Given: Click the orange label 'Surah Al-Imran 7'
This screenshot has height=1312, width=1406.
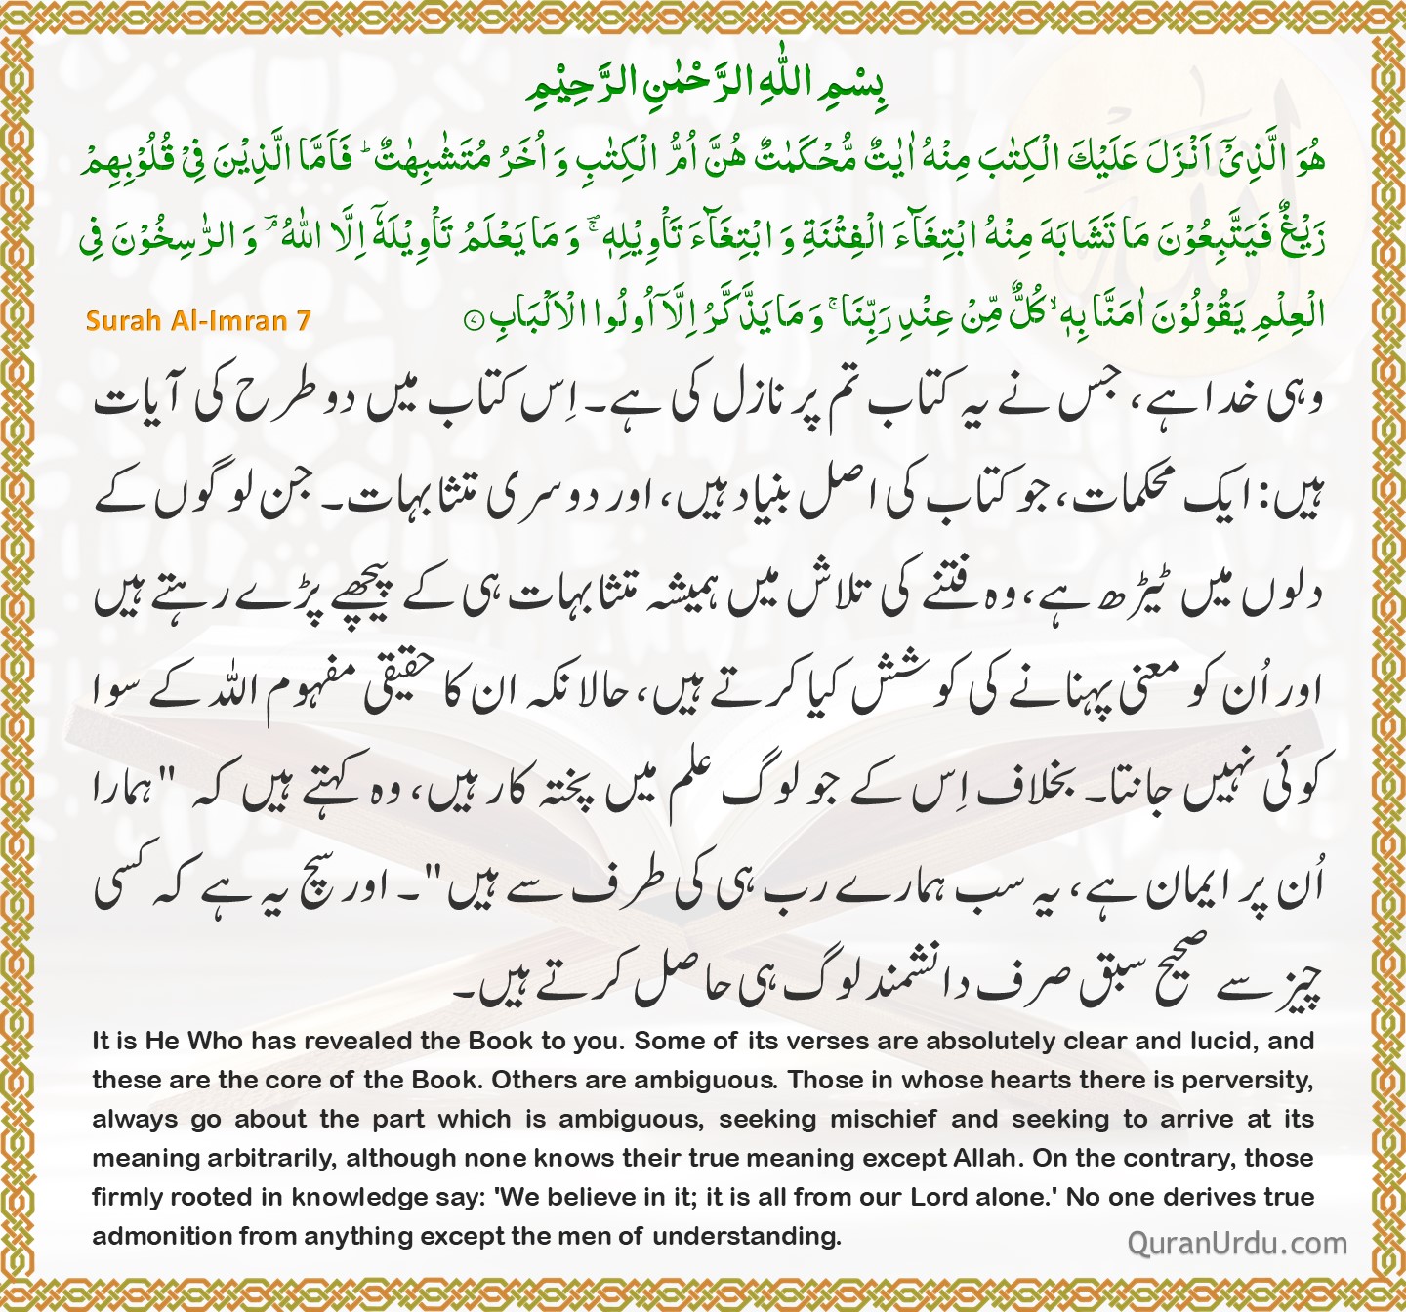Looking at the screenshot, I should tap(197, 320).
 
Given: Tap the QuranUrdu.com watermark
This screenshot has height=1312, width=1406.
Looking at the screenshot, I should tap(1237, 1243).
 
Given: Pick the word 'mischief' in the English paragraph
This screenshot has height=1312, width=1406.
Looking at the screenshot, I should tap(885, 1120).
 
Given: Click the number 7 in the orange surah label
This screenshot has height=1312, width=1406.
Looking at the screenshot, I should tap(304, 320).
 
